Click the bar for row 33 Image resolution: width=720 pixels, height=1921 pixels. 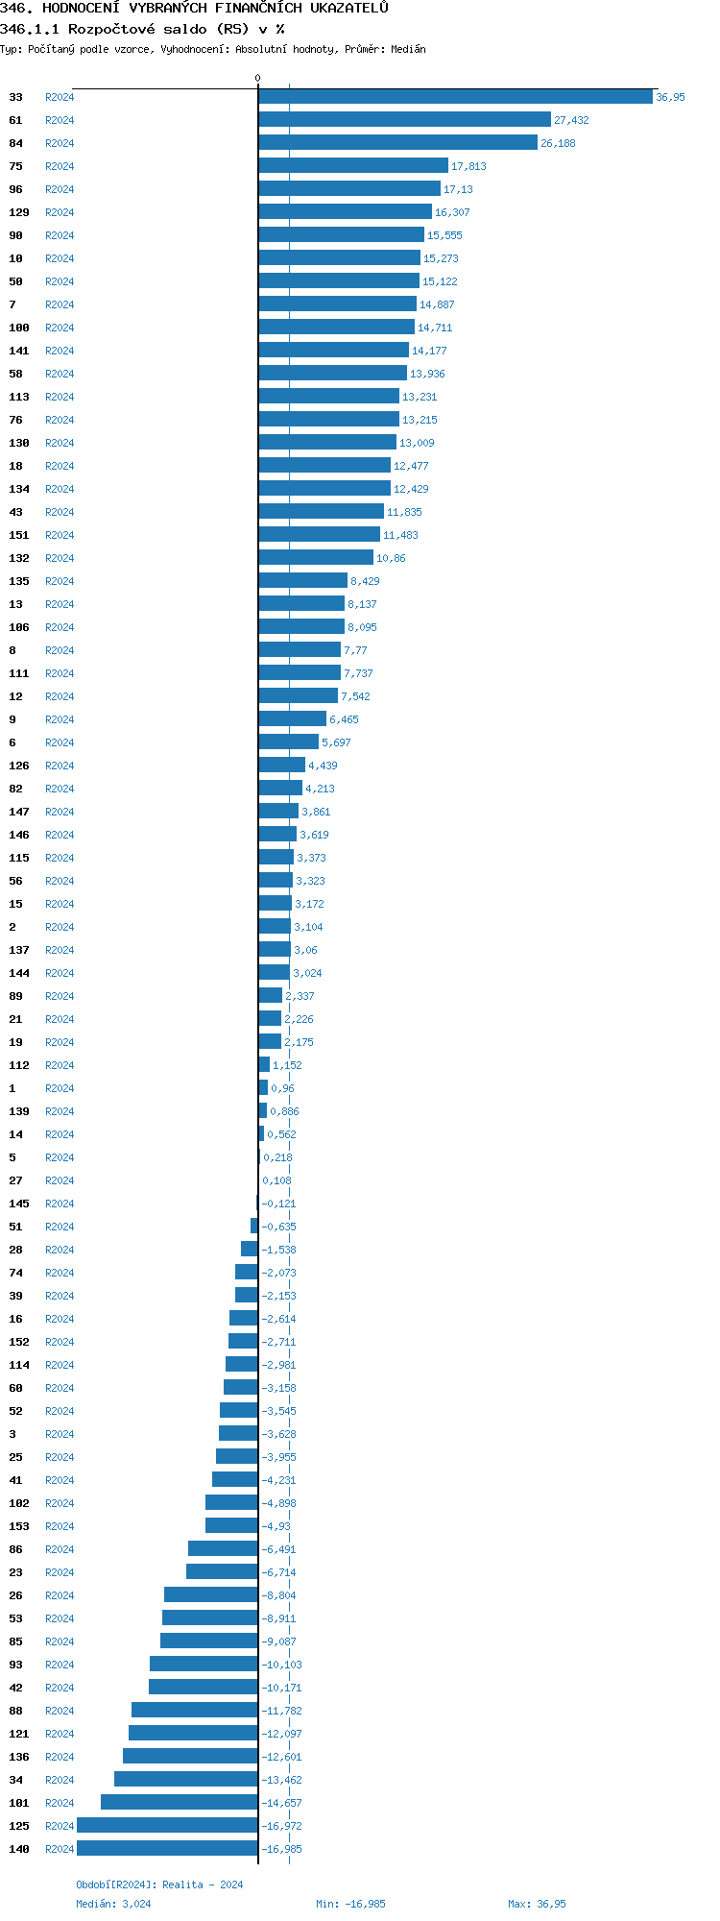[455, 97]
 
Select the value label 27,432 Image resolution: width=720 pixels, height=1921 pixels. [571, 120]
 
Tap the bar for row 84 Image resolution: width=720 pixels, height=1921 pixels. [397, 143]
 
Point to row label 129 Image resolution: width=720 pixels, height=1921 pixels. [19, 212]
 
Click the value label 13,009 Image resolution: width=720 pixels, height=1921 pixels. [417, 443]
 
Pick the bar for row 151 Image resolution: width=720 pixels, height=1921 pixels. [319, 535]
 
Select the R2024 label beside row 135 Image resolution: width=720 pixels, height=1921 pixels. [60, 581]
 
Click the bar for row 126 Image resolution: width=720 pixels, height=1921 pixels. [281, 766]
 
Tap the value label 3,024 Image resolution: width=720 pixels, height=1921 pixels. [307, 973]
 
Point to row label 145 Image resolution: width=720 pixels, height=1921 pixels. [19, 1204]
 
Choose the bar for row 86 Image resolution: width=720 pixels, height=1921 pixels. [223, 1549]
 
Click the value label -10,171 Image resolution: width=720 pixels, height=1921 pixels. [281, 1688]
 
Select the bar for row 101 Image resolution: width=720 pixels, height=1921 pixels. [180, 1803]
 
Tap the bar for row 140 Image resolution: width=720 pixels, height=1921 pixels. [167, 1849]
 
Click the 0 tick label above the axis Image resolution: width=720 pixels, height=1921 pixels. [257, 78]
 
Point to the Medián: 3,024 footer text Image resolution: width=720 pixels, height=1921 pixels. [113, 1904]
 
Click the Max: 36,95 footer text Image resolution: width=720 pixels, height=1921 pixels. [537, 1904]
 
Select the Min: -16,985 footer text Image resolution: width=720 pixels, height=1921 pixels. [350, 1904]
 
